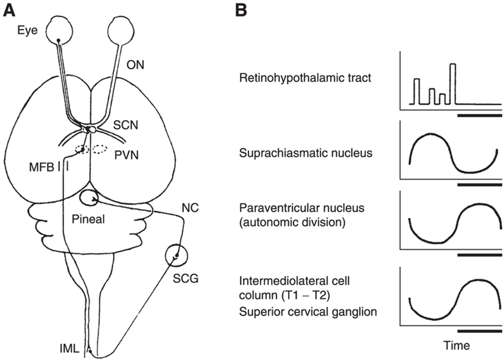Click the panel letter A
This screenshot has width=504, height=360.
click(10, 10)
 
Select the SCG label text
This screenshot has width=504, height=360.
click(185, 280)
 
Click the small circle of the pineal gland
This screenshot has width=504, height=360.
click(88, 198)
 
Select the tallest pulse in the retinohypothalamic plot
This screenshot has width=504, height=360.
click(452, 83)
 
